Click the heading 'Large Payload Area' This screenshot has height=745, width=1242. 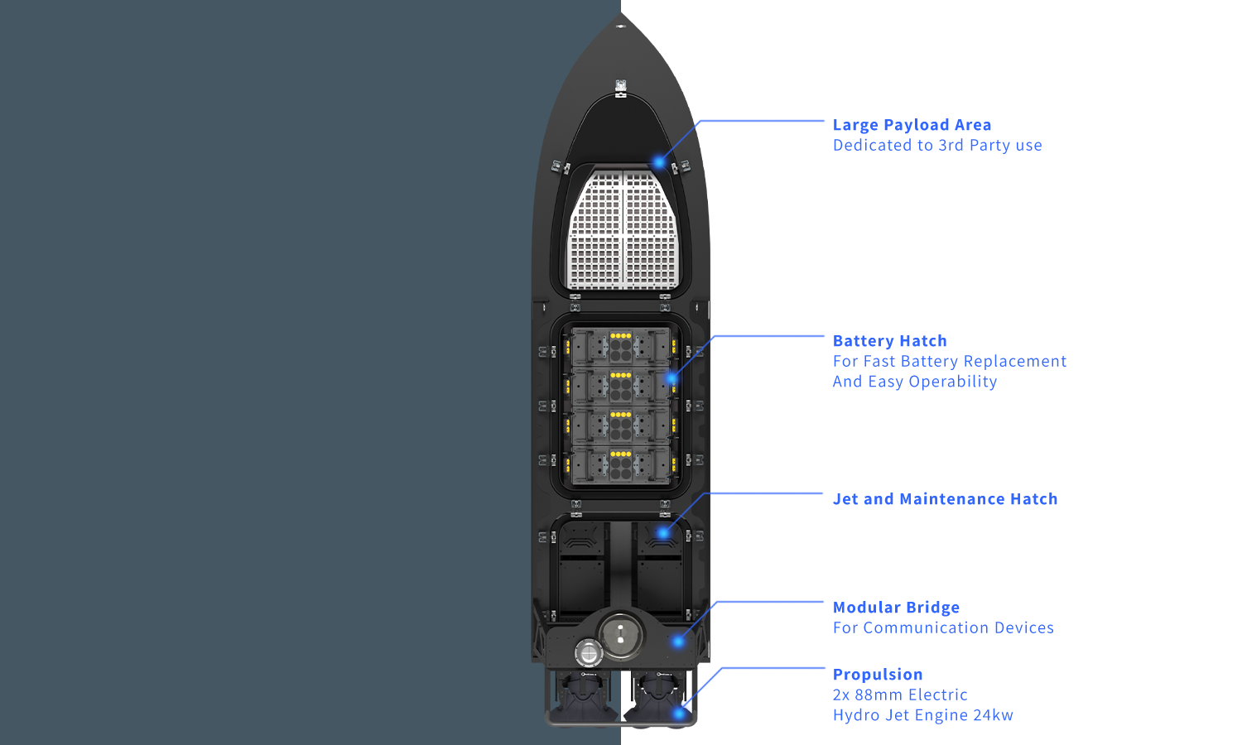[912, 125]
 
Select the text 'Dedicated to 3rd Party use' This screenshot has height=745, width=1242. [936, 146]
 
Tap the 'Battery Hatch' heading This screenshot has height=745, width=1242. [889, 341]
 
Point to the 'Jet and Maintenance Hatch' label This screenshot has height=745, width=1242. [945, 499]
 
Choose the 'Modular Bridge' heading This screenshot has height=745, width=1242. [896, 608]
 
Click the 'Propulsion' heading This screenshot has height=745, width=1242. [878, 675]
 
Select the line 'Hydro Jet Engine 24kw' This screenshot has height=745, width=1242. [922, 715]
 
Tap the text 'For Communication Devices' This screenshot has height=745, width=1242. [943, 627]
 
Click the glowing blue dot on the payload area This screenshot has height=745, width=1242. [659, 162]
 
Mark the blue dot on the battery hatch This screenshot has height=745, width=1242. [672, 379]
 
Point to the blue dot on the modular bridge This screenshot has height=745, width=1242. [678, 642]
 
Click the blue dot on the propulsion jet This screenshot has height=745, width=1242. [680, 713]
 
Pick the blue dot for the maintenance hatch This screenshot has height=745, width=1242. [663, 533]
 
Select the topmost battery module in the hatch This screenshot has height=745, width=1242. [620, 346]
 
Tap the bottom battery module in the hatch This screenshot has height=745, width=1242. [620, 465]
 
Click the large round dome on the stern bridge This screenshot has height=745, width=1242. [620, 635]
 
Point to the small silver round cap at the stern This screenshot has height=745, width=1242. [589, 653]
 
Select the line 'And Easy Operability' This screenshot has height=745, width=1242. [914, 382]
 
